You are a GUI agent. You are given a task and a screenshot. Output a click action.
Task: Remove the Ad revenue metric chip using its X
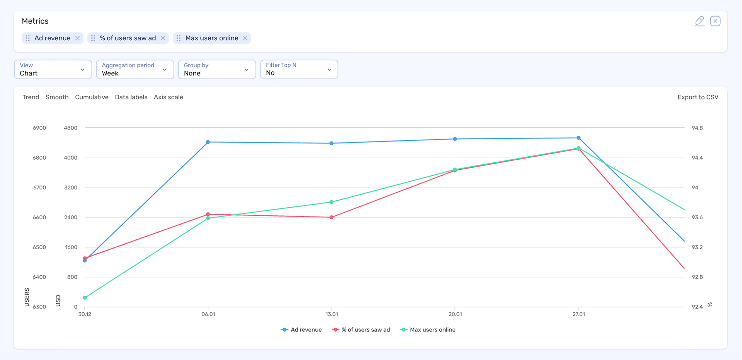pyautogui.click(x=77, y=38)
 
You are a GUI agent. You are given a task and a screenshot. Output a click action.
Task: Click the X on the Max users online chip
pyautogui.click(x=245, y=38)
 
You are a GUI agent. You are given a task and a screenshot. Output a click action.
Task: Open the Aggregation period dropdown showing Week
pyautogui.click(x=134, y=70)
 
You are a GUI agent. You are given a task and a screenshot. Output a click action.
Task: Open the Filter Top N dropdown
pyautogui.click(x=299, y=70)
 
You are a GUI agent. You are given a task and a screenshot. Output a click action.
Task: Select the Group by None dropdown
pyautogui.click(x=216, y=70)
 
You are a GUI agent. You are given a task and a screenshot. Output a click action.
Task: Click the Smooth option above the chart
pyautogui.click(x=57, y=97)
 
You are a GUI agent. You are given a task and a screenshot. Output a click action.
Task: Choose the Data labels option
pyautogui.click(x=131, y=97)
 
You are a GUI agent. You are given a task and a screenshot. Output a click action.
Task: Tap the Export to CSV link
pyautogui.click(x=698, y=97)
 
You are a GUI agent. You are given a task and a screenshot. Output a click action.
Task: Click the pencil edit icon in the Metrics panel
pyautogui.click(x=699, y=21)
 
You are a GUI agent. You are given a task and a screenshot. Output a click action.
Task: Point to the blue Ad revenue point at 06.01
pyautogui.click(x=208, y=142)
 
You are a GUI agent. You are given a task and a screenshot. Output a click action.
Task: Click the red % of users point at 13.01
pyautogui.click(x=332, y=217)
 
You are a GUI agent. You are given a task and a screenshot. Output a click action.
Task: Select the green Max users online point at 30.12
pyautogui.click(x=85, y=298)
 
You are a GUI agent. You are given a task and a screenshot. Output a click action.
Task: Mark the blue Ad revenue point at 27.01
pyautogui.click(x=579, y=138)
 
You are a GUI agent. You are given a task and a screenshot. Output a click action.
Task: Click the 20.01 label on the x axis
pyautogui.click(x=455, y=314)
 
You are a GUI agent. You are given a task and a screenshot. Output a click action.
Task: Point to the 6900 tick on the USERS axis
pyautogui.click(x=39, y=128)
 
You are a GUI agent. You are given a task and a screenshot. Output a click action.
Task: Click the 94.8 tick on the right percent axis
pyautogui.click(x=697, y=128)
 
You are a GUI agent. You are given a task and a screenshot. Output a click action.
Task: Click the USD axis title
pyautogui.click(x=58, y=300)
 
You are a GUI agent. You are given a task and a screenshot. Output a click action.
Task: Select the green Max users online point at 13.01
pyautogui.click(x=332, y=202)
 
